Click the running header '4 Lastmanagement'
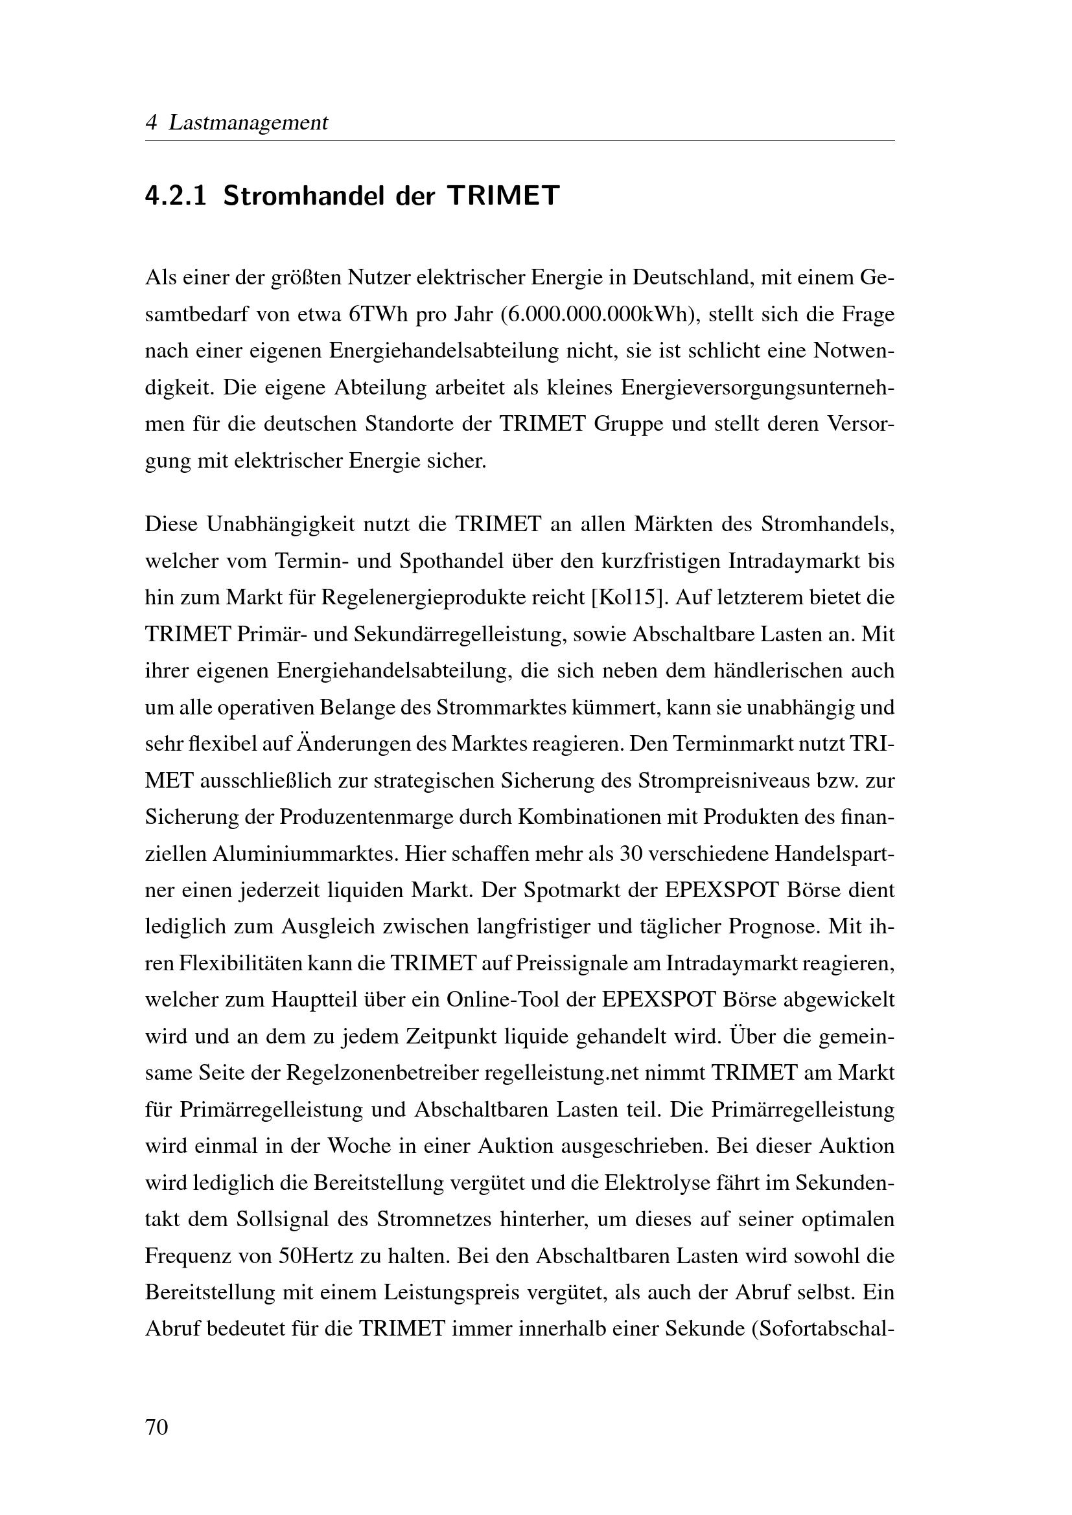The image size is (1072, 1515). (x=236, y=122)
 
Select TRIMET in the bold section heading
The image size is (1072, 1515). (x=503, y=196)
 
